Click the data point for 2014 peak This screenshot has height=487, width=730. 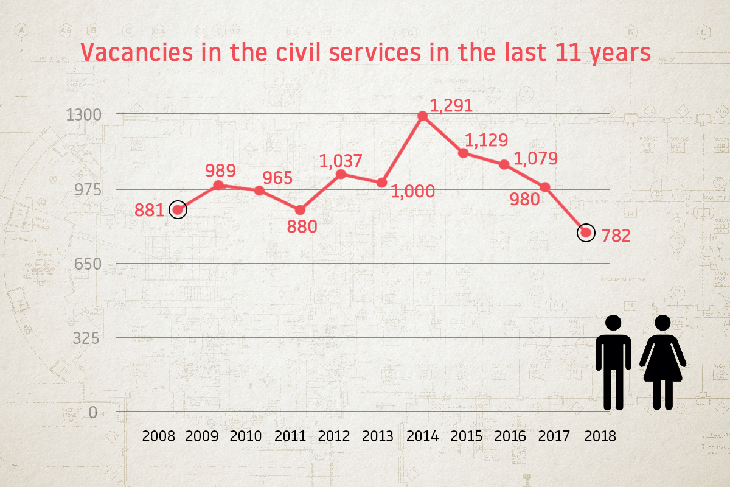tap(423, 116)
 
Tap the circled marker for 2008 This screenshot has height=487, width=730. tap(178, 210)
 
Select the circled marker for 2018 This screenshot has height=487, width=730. tap(586, 233)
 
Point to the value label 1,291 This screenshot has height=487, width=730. tap(451, 106)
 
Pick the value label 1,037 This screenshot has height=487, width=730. tap(341, 161)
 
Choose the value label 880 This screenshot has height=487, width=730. tap(302, 227)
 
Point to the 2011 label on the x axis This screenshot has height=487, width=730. tap(290, 436)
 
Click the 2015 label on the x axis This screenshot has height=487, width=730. tap(467, 436)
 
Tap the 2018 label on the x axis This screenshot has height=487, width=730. tap(600, 436)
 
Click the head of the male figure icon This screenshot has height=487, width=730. tap(613, 324)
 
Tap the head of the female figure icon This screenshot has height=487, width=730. tap(663, 324)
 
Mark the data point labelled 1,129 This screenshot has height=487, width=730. tap(464, 153)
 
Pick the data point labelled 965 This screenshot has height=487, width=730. tap(259, 191)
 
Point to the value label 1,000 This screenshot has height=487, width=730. tap(413, 191)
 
